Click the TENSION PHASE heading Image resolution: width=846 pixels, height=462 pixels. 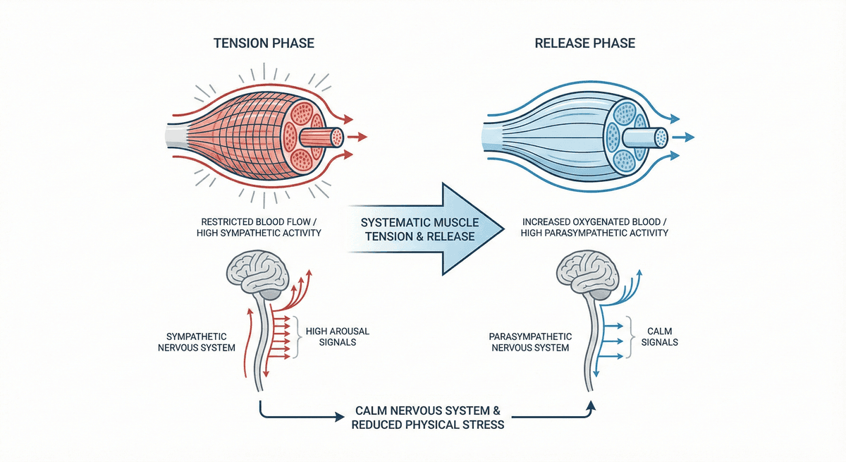coord(264,44)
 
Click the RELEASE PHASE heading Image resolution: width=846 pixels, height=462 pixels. coord(584,44)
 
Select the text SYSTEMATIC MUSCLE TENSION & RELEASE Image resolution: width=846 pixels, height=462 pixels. coord(420,228)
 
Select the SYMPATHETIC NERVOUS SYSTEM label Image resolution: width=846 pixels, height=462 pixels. coord(200,341)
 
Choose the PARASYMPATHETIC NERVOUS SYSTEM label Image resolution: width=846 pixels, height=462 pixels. coord(529,341)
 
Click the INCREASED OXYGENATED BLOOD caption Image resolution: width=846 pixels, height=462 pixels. coord(595,226)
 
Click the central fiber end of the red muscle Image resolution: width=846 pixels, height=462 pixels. coord(337,137)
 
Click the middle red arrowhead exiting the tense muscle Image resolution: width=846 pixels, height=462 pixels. coord(364,137)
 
